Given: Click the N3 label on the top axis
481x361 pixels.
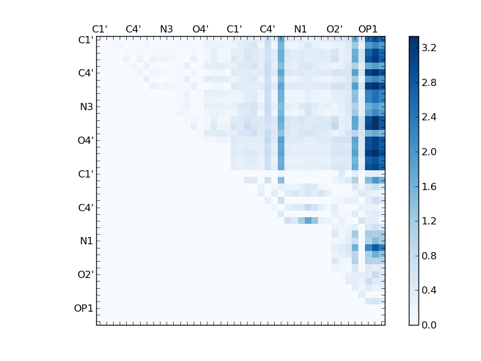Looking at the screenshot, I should point(167,29).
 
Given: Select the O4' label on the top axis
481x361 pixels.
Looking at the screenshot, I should point(200,29).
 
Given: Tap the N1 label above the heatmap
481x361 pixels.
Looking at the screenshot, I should point(301,29).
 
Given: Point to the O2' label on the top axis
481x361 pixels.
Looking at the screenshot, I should point(334,29).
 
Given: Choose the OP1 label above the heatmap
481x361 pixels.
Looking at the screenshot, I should point(368,29).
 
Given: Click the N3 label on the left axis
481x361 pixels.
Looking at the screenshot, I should point(87,107).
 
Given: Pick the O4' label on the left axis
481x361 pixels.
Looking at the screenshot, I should point(85,141).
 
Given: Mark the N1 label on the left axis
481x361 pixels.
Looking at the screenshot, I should point(87,241).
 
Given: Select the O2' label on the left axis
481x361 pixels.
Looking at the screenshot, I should point(85,275).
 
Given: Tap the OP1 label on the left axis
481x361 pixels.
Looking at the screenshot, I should point(84,309).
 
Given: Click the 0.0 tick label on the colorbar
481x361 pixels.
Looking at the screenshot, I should point(429,325).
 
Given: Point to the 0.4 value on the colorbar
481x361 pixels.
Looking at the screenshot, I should point(429,291).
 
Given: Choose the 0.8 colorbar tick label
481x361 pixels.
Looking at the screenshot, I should point(429,256).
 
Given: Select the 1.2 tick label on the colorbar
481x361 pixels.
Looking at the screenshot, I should point(429,221).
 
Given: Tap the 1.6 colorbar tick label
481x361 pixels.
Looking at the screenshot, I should point(429,187).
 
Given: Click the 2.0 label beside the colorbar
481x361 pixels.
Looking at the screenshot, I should point(429,152).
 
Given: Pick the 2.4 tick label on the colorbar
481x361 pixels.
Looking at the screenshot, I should point(429,117).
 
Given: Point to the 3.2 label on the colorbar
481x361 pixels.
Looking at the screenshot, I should point(429,48).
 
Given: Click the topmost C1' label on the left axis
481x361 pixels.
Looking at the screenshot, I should point(85,40).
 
